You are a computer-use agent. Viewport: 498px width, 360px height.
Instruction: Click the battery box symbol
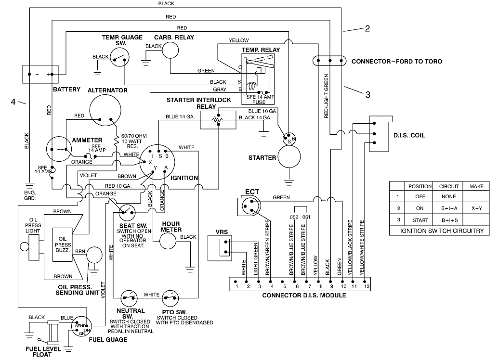click(x=41, y=74)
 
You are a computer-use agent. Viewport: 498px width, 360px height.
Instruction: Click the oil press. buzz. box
click(x=65, y=244)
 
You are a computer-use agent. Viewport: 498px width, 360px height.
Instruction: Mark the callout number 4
click(x=14, y=102)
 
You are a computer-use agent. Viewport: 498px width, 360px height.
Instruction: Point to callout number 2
click(x=367, y=29)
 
